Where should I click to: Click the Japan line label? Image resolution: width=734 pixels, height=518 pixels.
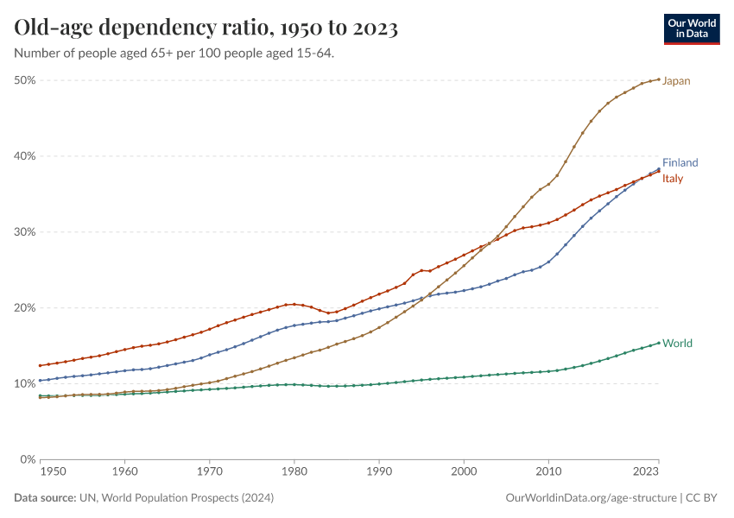pos(676,81)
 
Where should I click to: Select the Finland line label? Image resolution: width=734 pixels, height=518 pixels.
pos(680,163)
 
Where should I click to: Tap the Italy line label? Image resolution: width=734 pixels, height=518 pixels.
pos(673,179)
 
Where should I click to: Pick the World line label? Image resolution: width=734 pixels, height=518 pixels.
pos(677,344)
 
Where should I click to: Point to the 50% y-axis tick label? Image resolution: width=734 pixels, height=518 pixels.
pos(24,80)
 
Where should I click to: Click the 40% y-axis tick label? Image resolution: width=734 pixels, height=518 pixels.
pos(24,156)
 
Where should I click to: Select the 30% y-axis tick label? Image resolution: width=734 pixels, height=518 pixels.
pos(24,232)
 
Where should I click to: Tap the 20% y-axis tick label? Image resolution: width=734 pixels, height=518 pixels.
pos(24,308)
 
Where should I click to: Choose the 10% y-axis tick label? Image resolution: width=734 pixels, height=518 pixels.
pos(24,383)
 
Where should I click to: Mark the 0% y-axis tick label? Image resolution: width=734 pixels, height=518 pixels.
pos(28,459)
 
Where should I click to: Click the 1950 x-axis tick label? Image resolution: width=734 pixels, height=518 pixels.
pos(53,473)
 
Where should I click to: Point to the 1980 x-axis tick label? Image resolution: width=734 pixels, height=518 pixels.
pos(294,473)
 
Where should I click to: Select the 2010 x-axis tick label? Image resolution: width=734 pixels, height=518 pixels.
pos(548,473)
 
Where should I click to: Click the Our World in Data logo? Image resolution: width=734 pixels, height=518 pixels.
pos(692,28)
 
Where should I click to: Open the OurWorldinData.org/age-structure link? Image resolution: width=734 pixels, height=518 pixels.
pos(590,498)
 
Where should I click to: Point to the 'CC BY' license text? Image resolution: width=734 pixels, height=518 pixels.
pos(704,498)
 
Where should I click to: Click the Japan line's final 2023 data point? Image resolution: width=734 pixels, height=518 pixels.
pos(659,79)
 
